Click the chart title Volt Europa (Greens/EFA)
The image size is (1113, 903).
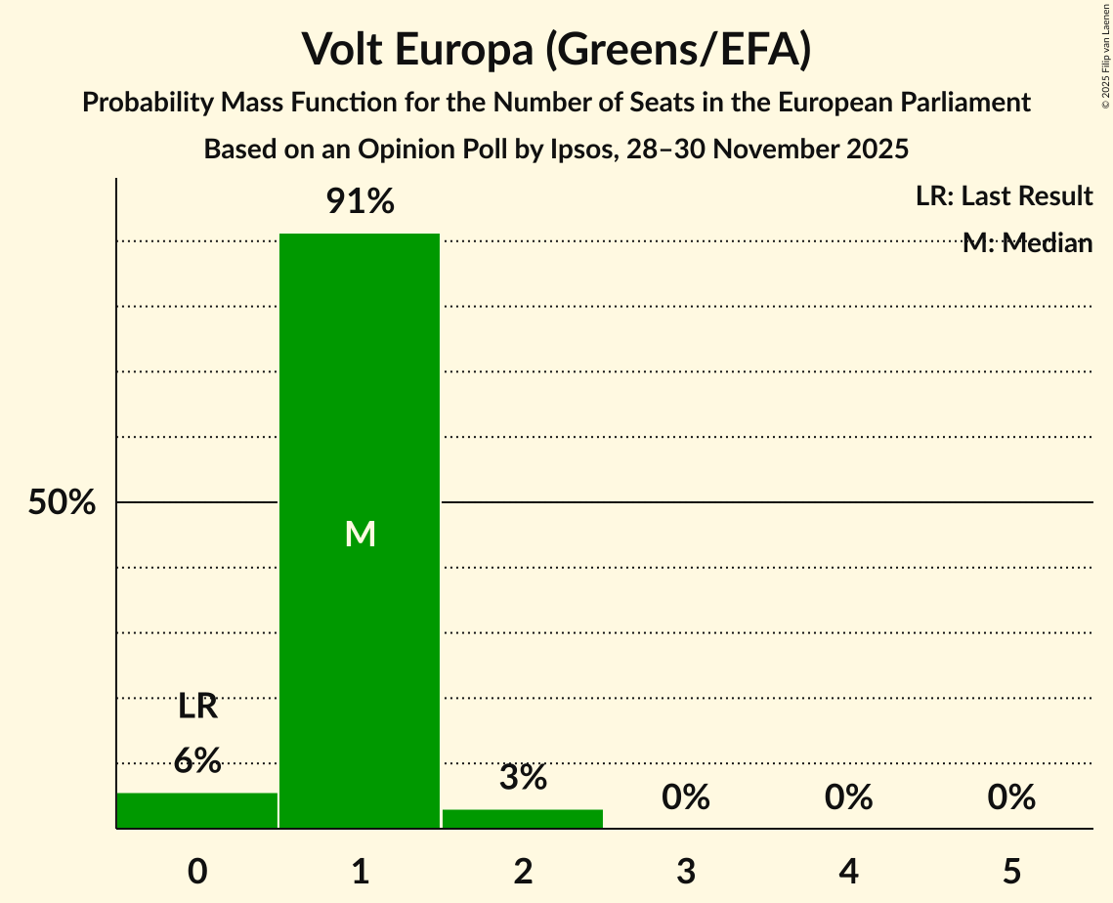556,49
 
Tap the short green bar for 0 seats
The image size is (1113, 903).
197,810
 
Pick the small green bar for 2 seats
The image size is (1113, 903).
523,818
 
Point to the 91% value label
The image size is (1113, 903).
360,202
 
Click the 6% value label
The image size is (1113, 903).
197,760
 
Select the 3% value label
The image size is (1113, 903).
523,778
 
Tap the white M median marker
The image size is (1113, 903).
360,534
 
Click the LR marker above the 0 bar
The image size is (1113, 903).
197,706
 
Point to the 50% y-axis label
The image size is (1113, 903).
62,503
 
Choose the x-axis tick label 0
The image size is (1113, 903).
197,871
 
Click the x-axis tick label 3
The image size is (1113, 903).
685,871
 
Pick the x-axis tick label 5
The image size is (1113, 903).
1010,871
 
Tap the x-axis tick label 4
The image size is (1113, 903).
848,871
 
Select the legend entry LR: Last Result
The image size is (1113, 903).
1004,196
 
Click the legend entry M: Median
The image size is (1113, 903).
1026,243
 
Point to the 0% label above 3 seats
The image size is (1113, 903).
685,798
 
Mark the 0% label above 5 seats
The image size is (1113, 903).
1010,798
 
